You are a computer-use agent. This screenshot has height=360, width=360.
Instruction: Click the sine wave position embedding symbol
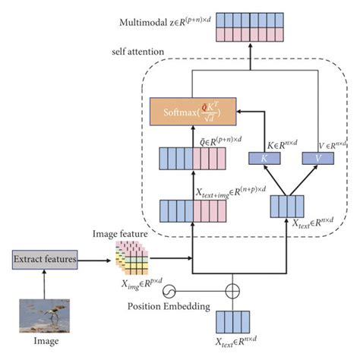[169, 289]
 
